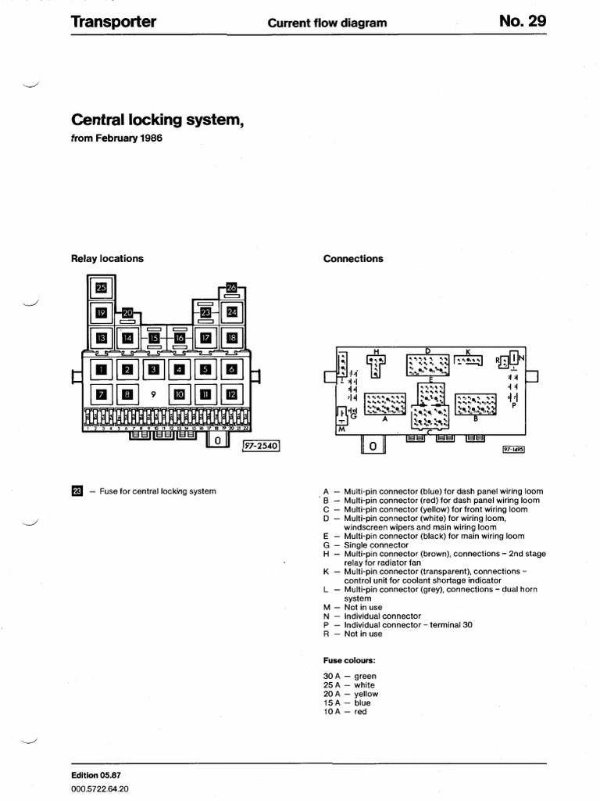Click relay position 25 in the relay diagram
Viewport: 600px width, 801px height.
(100, 288)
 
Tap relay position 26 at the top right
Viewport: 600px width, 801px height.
(231, 288)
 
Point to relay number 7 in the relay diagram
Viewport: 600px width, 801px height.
(101, 394)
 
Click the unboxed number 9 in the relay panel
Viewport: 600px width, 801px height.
(153, 394)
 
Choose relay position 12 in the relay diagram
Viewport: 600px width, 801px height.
(231, 394)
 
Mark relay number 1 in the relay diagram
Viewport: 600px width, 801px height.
(101, 369)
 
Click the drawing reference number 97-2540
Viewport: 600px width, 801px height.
(261, 445)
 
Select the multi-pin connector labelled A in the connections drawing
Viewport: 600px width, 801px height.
(385, 404)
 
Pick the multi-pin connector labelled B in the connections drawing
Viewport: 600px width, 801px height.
(476, 404)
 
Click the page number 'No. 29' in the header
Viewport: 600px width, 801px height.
(523, 21)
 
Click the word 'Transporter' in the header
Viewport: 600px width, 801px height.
(113, 22)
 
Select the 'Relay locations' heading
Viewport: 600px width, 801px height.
(107, 259)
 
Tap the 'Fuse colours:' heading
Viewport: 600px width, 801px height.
(349, 659)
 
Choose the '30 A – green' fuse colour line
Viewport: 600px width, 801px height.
(349, 676)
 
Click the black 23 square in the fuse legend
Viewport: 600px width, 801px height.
(76, 491)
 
